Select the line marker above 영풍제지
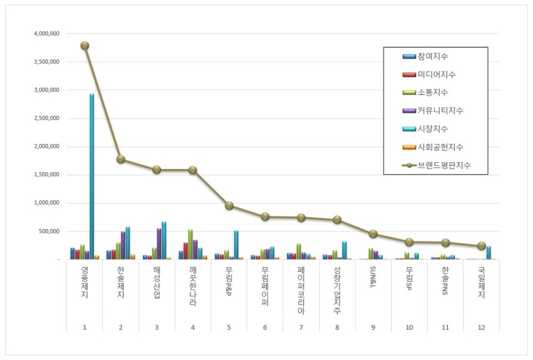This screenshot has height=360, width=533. (84, 46)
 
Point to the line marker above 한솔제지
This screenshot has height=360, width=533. (120, 159)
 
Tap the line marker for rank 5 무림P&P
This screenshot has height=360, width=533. (229, 206)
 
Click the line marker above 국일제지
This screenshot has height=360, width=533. (481, 246)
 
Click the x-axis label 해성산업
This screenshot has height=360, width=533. (157, 282)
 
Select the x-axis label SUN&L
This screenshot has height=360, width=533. (373, 281)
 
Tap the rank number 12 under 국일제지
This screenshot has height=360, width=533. (481, 327)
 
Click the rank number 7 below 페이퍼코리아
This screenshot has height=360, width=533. (301, 327)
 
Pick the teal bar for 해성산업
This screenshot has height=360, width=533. (164, 241)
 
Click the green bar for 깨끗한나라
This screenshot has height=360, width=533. (190, 244)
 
